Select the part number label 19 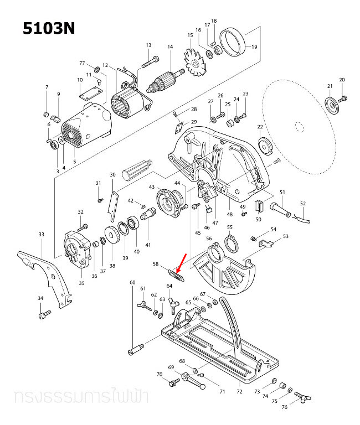pos(255,48)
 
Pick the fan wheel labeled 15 pos(195,64)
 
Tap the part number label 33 pos(41,235)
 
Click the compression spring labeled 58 pos(174,274)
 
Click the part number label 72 pos(239,391)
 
